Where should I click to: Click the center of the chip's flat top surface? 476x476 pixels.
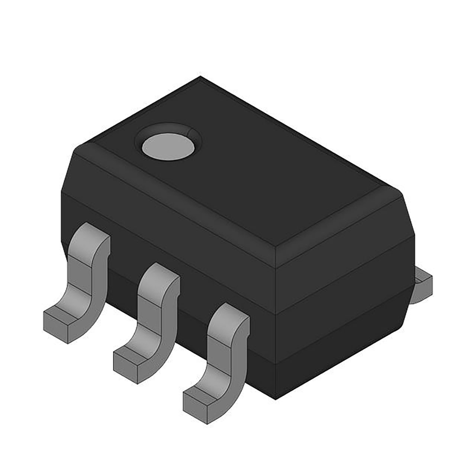click(x=238, y=167)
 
